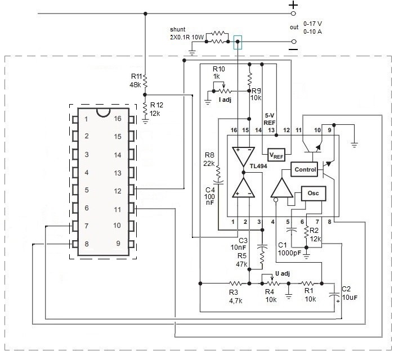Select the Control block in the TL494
coord(304,169)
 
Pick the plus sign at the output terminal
coord(293,4)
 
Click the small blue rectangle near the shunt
coord(239,42)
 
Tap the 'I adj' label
coord(226,99)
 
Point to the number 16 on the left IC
coord(118,119)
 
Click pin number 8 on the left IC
coord(86,244)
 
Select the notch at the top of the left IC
coord(102,110)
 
